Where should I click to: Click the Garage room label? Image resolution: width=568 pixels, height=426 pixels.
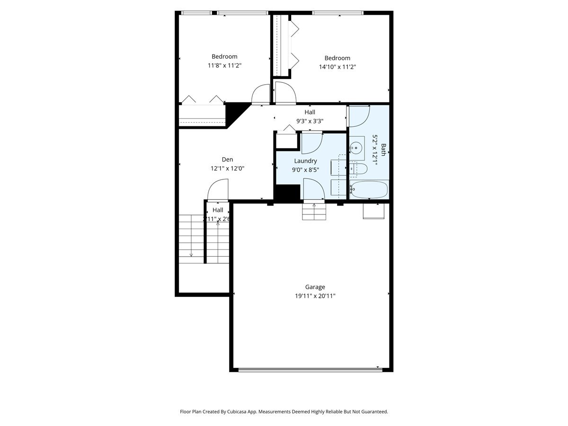pos(315,287)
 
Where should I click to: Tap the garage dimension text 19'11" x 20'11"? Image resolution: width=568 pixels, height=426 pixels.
pos(315,296)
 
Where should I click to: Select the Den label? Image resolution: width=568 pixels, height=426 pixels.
pos(227,160)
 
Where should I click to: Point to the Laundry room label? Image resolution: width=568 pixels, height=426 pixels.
pos(305,161)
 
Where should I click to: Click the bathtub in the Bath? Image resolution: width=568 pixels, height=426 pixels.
pos(369,190)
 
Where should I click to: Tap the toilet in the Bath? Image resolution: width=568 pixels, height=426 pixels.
pos(359,169)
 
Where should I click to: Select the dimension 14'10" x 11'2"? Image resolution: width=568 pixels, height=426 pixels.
pos(337,67)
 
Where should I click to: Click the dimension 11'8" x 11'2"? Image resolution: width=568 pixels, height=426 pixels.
pos(225,66)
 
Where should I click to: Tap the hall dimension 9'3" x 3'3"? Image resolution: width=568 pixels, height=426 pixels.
pos(310,121)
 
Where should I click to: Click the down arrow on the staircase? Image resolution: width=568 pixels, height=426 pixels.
pos(191,255)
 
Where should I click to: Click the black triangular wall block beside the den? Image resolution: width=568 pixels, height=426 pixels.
pos(235,114)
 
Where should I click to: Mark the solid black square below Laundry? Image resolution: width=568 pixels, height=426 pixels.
pos(287,193)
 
